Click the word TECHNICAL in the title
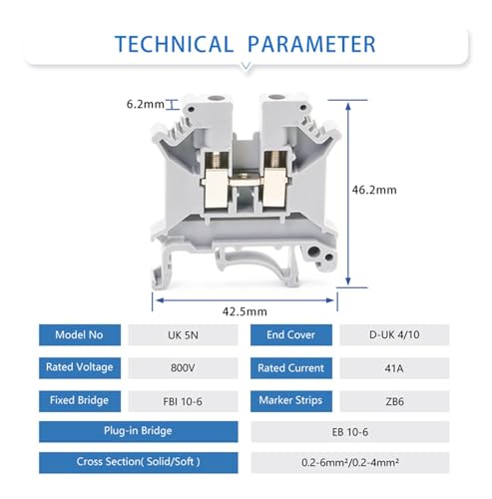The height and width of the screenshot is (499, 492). pyautogui.click(x=174, y=44)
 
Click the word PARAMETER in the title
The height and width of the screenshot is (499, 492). pyautogui.click(x=311, y=44)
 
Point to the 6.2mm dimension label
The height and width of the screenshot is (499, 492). pyautogui.click(x=146, y=104)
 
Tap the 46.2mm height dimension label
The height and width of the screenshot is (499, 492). pyautogui.click(x=374, y=190)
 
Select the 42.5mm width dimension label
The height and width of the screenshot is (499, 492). pyautogui.click(x=245, y=311)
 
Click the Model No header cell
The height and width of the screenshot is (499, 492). pyautogui.click(x=80, y=335)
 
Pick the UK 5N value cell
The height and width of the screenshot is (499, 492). pyautogui.click(x=183, y=335)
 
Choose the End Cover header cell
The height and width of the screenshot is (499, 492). pyautogui.click(x=291, y=335)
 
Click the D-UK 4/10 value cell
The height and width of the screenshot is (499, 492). pyautogui.click(x=394, y=335)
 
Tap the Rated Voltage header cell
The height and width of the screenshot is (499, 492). pyautogui.click(x=80, y=368)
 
